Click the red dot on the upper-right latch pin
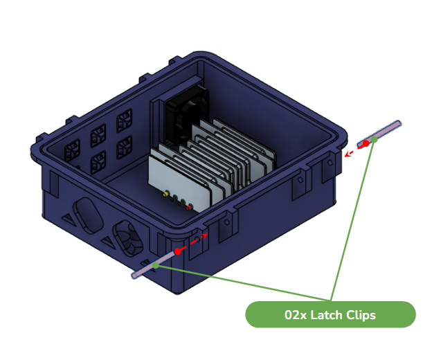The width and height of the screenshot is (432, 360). pyautogui.click(x=366, y=143)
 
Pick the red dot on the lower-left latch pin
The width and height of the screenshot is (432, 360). pyautogui.click(x=178, y=251)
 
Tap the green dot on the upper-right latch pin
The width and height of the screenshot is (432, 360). pyautogui.click(x=374, y=139)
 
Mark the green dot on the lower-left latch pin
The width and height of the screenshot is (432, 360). pyautogui.click(x=156, y=265)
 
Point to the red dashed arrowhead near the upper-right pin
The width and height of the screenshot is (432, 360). pyautogui.click(x=348, y=154)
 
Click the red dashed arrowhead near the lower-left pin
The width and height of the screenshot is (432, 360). pyautogui.click(x=205, y=236)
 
